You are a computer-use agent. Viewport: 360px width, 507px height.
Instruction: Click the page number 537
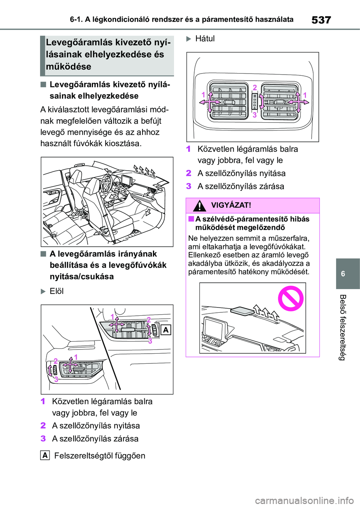(x=321, y=20)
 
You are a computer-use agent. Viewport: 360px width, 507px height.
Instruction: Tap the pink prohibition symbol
(x=291, y=298)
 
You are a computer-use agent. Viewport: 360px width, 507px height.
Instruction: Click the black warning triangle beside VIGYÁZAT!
(x=199, y=205)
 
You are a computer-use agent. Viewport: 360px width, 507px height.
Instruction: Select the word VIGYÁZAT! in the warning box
(x=231, y=205)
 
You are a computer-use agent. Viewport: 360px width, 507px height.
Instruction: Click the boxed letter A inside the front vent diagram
(x=166, y=330)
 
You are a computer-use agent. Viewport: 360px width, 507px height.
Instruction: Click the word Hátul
(x=205, y=39)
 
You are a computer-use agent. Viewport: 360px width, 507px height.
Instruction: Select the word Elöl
(x=57, y=291)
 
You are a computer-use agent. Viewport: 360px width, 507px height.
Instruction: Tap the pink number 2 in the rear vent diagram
(x=255, y=88)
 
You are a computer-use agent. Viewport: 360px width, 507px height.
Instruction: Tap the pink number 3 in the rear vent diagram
(x=255, y=115)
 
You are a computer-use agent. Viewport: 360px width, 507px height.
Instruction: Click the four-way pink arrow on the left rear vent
(x=210, y=102)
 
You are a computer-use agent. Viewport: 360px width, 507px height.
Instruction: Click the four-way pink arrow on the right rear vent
(x=298, y=102)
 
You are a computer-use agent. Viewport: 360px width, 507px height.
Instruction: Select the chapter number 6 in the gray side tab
(x=343, y=274)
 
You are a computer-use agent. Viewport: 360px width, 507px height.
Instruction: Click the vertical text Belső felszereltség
(x=343, y=327)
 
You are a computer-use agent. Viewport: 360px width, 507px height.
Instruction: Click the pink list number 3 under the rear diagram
(x=189, y=186)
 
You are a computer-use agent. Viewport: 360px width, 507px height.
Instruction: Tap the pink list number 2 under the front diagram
(x=43, y=426)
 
